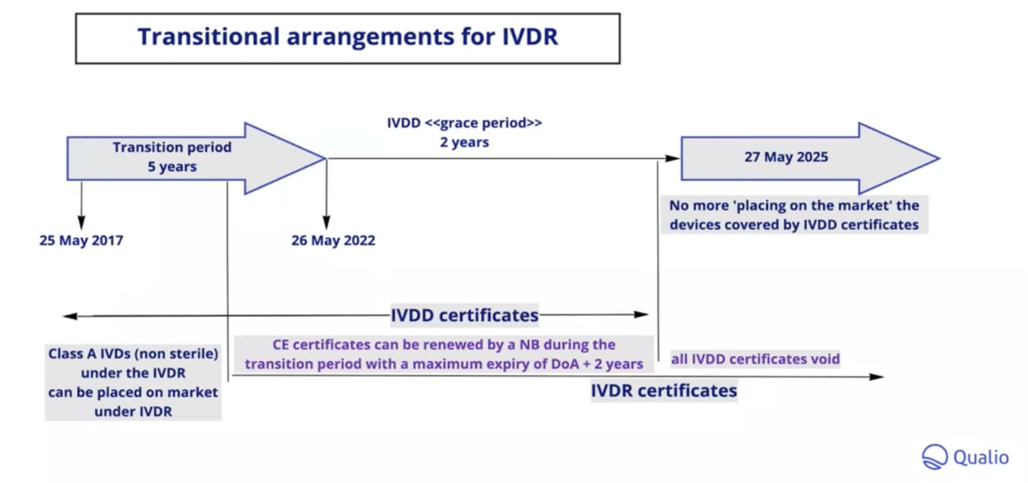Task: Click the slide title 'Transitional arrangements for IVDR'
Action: (347, 37)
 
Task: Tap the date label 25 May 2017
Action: (81, 241)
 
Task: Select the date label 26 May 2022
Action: (333, 241)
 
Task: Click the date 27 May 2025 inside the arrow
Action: (786, 158)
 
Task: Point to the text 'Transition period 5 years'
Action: (172, 157)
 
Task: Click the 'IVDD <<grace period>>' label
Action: (464, 123)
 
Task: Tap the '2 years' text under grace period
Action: (464, 142)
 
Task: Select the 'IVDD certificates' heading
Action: (464, 314)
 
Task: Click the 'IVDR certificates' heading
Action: (663, 390)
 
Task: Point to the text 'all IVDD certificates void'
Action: (754, 358)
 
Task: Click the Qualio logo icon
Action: (935, 457)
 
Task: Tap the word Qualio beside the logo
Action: (981, 457)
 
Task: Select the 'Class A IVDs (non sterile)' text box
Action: (133, 382)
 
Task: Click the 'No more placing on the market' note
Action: (793, 215)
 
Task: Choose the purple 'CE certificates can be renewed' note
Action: (444, 355)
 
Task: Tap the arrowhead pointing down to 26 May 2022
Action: (327, 223)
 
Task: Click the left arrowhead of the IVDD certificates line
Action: (68, 314)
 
